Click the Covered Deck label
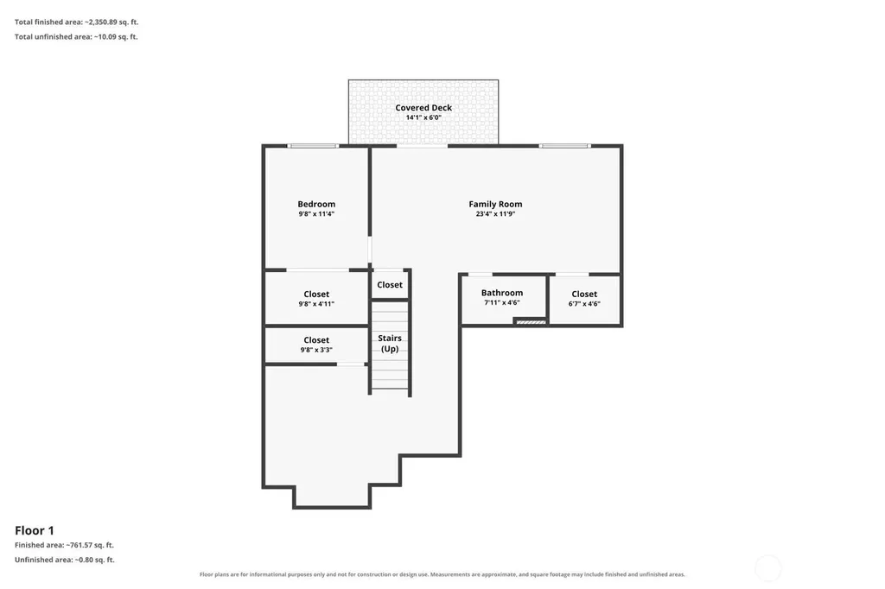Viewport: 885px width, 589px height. tap(423, 107)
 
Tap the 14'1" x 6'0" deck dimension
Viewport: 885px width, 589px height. tap(423, 117)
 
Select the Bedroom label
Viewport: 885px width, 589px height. tap(316, 204)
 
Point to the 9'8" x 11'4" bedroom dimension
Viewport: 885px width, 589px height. tap(316, 214)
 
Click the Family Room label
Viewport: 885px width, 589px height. tap(495, 204)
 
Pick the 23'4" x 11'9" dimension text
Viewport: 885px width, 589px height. tap(495, 214)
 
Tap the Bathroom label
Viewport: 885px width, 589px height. tap(502, 292)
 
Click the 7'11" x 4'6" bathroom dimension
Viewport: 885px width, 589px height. tap(502, 302)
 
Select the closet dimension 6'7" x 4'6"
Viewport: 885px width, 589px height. tap(584, 303)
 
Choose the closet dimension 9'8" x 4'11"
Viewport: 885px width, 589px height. tap(316, 303)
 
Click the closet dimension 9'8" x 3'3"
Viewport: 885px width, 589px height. tap(316, 350)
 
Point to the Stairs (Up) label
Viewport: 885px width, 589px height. tap(390, 343)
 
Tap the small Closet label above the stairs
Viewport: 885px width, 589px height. tap(390, 284)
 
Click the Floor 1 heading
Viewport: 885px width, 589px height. tap(35, 530)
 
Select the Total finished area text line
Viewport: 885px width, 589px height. tap(77, 22)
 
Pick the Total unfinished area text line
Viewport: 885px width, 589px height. tap(76, 36)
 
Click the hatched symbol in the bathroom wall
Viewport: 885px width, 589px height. tap(532, 322)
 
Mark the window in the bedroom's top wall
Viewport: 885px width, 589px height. tap(313, 146)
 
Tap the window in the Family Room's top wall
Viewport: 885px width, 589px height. tap(564, 146)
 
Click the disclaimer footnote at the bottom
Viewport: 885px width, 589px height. tap(442, 574)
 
